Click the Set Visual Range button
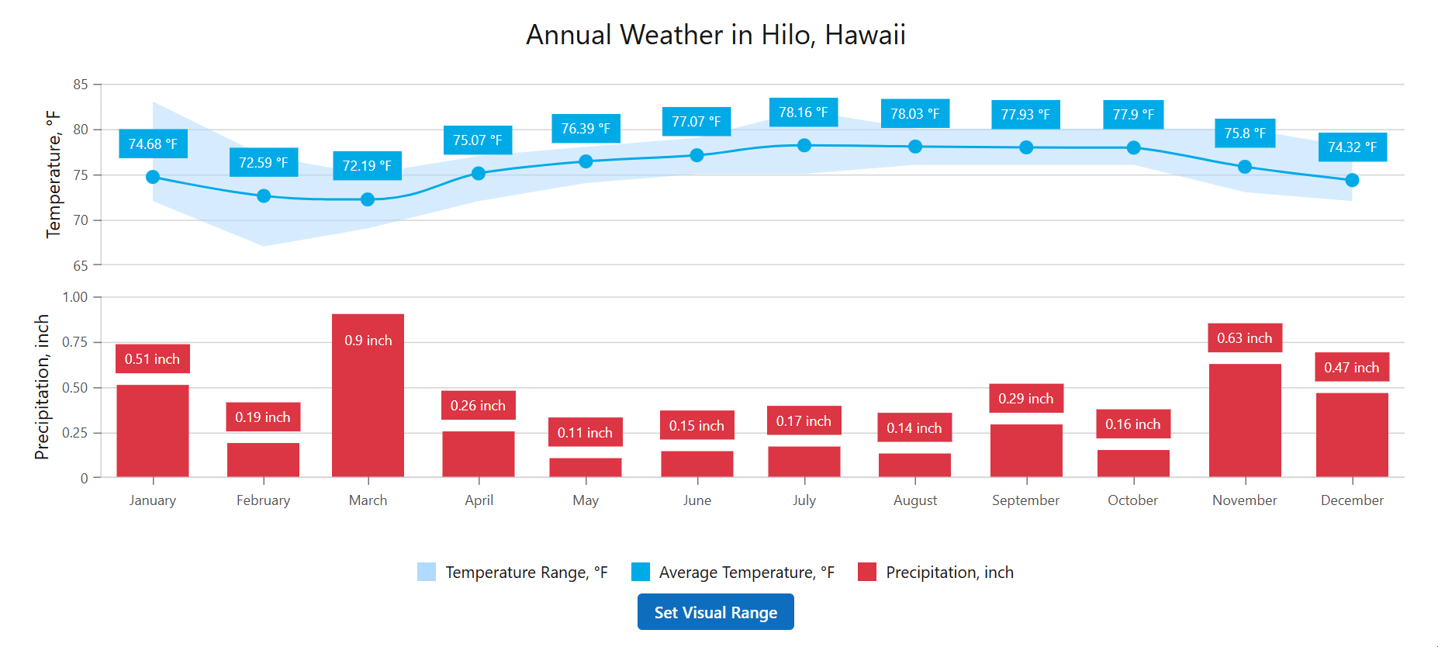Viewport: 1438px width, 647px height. click(x=715, y=612)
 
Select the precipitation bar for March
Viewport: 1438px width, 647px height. click(x=368, y=403)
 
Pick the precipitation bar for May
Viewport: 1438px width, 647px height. click(x=586, y=468)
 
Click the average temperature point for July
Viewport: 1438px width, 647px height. click(x=804, y=145)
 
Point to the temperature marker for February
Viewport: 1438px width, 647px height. click(x=264, y=196)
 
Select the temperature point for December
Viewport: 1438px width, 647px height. click(x=1352, y=180)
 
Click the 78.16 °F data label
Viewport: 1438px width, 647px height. click(x=804, y=112)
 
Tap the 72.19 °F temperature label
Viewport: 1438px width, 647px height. click(x=367, y=166)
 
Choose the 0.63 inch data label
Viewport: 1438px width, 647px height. click(x=1244, y=338)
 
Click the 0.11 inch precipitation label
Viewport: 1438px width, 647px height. click(x=585, y=432)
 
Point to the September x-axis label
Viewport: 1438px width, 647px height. click(x=1025, y=500)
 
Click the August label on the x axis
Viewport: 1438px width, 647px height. click(x=915, y=500)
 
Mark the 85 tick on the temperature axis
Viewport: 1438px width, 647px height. click(x=81, y=85)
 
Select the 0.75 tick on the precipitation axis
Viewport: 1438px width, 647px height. click(x=75, y=342)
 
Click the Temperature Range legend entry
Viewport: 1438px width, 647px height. click(x=512, y=573)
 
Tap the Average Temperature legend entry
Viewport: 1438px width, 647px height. click(x=733, y=573)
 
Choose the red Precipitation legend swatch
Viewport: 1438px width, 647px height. click(x=867, y=573)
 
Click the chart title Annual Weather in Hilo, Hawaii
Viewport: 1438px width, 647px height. click(x=715, y=35)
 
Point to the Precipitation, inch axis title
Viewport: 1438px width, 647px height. click(x=42, y=386)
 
